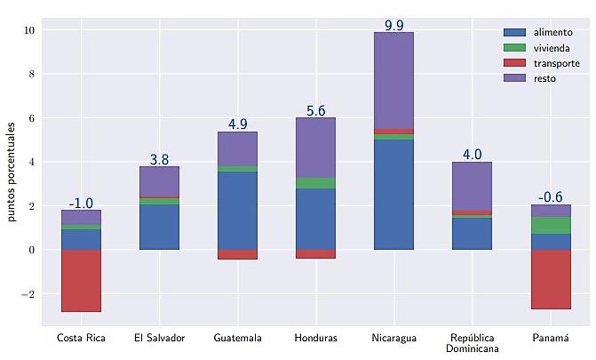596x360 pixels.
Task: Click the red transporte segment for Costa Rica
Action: pyautogui.click(x=81, y=280)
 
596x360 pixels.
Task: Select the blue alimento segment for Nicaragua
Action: pyautogui.click(x=393, y=194)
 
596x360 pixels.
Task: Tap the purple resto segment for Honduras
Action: pyautogui.click(x=315, y=148)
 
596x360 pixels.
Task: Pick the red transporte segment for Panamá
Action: pyautogui.click(x=551, y=279)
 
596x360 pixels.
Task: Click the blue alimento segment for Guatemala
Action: pyautogui.click(x=237, y=210)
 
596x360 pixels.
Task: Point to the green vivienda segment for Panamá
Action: pyautogui.click(x=551, y=225)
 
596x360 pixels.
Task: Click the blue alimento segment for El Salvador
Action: pyautogui.click(x=159, y=227)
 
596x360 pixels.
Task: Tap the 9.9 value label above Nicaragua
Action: pyautogui.click(x=393, y=25)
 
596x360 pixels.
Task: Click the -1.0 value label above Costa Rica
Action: pyautogui.click(x=81, y=204)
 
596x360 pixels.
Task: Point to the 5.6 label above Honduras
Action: pyautogui.click(x=315, y=111)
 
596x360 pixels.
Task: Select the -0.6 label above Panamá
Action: pyautogui.click(x=551, y=197)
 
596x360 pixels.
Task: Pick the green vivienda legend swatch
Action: pyautogui.click(x=514, y=47)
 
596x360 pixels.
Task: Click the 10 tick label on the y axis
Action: pyautogui.click(x=28, y=30)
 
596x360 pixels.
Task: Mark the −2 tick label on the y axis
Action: pyautogui.click(x=27, y=294)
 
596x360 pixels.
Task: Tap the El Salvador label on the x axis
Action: pyautogui.click(x=159, y=338)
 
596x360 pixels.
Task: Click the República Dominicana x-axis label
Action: pyautogui.click(x=472, y=343)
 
